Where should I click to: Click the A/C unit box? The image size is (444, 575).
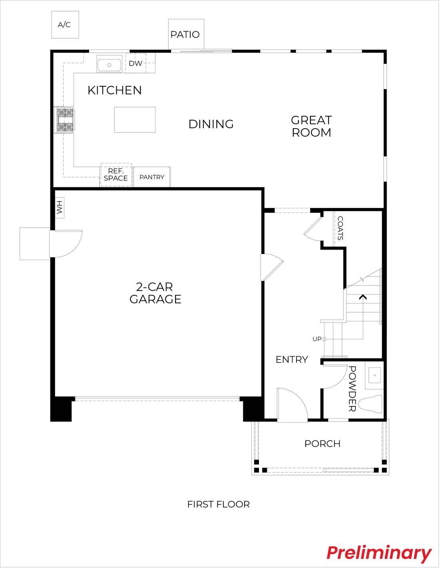(65, 25)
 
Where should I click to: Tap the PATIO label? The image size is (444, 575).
(185, 35)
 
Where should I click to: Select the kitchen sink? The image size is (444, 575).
(109, 65)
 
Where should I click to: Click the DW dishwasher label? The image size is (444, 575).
(135, 63)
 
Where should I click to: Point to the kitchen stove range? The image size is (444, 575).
(65, 119)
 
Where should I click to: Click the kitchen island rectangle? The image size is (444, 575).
(135, 120)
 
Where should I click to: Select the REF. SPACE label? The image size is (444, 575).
(115, 175)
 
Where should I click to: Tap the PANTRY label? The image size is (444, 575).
(152, 177)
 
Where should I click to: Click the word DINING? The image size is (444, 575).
(211, 124)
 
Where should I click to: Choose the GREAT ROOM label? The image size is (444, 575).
(311, 126)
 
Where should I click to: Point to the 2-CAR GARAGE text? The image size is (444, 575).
(155, 293)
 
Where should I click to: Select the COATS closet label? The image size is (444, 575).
(340, 228)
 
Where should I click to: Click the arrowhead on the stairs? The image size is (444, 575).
(362, 297)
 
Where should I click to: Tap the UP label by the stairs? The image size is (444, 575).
(317, 339)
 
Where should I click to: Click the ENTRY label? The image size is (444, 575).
(292, 360)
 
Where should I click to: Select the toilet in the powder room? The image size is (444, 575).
(370, 404)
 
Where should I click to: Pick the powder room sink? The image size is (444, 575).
(374, 375)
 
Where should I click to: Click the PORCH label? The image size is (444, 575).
(322, 444)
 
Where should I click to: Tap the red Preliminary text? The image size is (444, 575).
(378, 553)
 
